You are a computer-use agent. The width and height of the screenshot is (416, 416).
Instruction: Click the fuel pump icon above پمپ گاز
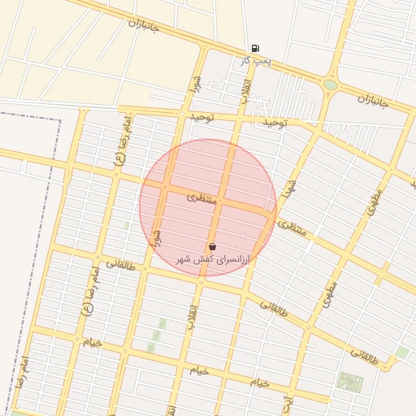(x=256, y=49)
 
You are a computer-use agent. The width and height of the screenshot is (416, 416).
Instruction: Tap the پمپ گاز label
(x=255, y=61)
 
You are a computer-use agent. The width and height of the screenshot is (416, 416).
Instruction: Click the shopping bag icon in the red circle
(x=212, y=246)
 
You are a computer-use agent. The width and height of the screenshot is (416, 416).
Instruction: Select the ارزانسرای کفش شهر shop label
(x=214, y=258)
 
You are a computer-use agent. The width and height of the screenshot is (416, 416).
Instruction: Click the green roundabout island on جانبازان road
(x=330, y=84)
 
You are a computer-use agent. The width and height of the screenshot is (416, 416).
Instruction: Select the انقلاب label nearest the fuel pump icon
(x=244, y=90)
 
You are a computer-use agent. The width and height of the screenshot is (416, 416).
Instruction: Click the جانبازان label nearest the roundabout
(x=373, y=101)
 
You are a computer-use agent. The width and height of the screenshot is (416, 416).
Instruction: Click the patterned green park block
(x=350, y=383)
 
